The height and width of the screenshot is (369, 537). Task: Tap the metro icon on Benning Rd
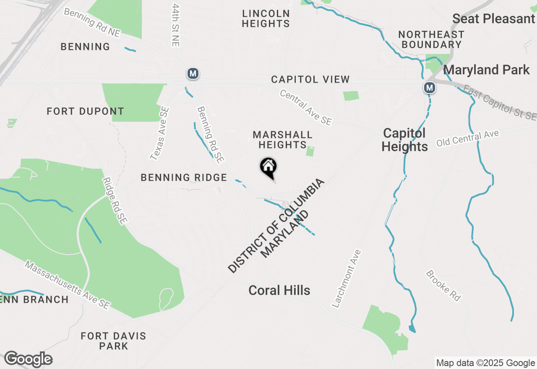(x=193, y=74)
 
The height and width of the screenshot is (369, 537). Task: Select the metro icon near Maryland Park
(x=429, y=88)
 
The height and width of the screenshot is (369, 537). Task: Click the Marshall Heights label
(x=282, y=140)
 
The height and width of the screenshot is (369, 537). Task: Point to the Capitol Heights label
(x=404, y=140)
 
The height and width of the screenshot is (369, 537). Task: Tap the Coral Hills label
(x=279, y=290)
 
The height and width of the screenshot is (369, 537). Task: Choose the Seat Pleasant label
(x=494, y=18)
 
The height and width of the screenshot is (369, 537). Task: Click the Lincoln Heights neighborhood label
(x=266, y=18)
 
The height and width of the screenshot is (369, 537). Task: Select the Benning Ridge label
(x=184, y=177)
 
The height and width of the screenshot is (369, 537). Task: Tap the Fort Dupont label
(x=86, y=111)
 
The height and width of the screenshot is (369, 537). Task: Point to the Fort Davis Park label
(x=113, y=341)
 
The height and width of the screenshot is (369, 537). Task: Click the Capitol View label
(x=310, y=79)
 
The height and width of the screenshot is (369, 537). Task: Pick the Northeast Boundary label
(x=431, y=39)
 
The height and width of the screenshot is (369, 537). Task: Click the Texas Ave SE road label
(x=160, y=134)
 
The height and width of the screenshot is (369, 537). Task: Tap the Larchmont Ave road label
(x=346, y=279)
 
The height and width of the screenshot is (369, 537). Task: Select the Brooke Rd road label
(x=443, y=286)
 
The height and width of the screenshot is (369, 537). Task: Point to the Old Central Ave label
(x=467, y=138)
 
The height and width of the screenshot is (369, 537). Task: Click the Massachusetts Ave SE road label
(x=67, y=285)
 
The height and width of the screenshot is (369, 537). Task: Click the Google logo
(x=28, y=359)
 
